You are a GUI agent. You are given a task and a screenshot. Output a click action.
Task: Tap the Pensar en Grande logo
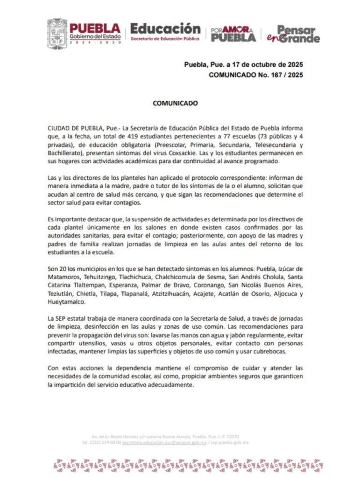tap(293, 34)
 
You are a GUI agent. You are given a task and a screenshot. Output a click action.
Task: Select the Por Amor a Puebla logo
tap(233, 34)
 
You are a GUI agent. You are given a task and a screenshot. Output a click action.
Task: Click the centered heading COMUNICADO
tap(175, 104)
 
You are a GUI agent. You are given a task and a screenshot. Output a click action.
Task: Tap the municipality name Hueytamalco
tap(67, 302)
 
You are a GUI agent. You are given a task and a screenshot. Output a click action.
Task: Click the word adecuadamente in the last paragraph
tap(171, 385)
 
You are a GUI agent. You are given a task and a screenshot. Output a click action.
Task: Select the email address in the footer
tap(164, 442)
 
